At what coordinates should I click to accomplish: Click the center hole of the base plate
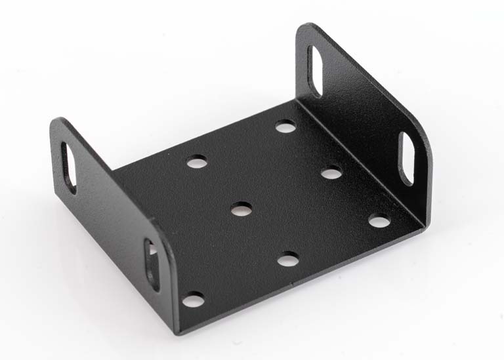click(x=241, y=209)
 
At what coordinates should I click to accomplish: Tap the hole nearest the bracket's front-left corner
click(x=193, y=300)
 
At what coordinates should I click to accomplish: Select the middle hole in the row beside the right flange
click(x=332, y=173)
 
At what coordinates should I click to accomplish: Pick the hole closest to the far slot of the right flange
click(x=285, y=126)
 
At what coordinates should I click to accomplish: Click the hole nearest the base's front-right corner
click(x=379, y=221)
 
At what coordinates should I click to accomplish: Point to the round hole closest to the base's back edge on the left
click(x=196, y=161)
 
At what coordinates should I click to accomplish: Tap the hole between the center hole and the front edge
click(x=287, y=260)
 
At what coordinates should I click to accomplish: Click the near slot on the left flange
click(x=152, y=264)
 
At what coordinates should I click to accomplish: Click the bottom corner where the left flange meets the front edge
click(x=176, y=331)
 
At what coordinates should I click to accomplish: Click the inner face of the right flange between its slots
click(x=358, y=111)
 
